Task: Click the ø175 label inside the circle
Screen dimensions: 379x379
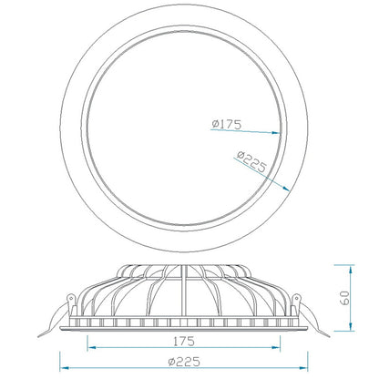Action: pos(227,124)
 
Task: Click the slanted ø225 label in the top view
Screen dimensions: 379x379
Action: pos(251,161)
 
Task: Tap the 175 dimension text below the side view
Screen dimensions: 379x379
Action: pos(184,342)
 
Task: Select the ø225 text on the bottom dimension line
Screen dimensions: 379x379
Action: pos(184,362)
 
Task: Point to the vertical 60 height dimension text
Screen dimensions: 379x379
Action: pos(343,297)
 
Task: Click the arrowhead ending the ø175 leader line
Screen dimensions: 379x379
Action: pos(276,133)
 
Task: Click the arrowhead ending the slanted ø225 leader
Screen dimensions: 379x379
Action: pos(286,189)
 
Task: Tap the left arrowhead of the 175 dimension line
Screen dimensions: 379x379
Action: pos(92,347)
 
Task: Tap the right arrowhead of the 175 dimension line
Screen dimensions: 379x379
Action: pos(276,347)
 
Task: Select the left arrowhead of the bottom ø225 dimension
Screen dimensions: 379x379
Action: pos(65,368)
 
